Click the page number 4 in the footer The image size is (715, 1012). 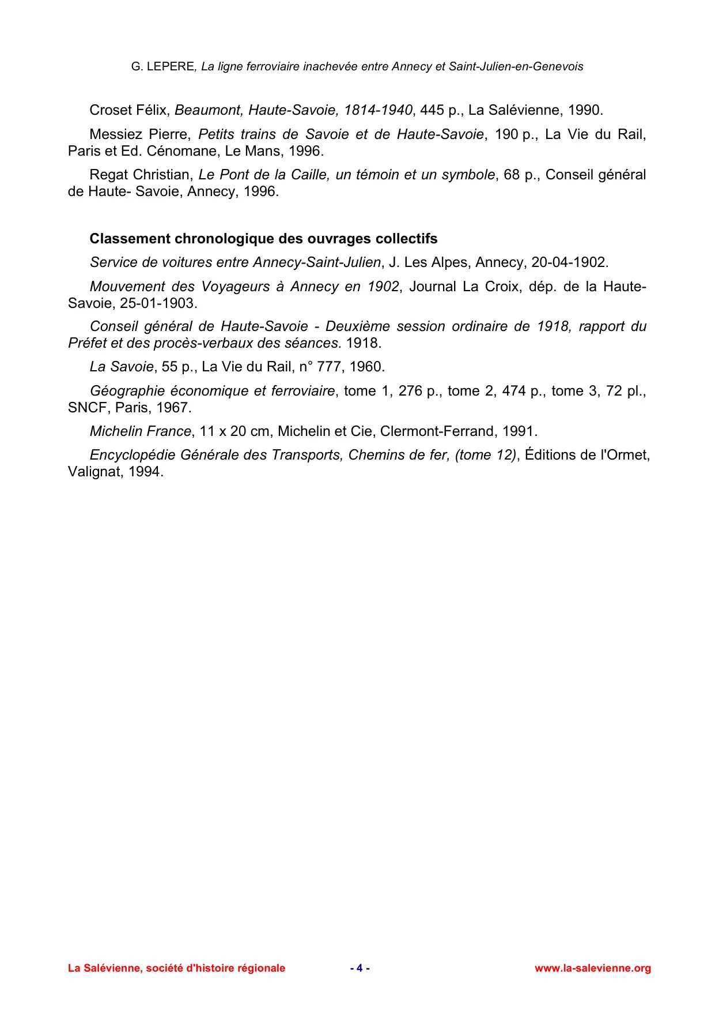tap(360, 968)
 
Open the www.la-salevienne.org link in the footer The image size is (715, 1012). tap(592, 968)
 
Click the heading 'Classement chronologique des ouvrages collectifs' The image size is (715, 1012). tap(263, 239)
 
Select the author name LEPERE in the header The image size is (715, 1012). tap(171, 66)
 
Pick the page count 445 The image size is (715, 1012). tap(432, 110)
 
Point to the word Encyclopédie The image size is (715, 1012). tap(133, 455)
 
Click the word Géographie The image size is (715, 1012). tap(126, 391)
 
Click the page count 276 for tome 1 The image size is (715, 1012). tap(410, 391)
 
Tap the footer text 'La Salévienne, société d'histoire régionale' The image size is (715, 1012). tap(176, 968)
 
